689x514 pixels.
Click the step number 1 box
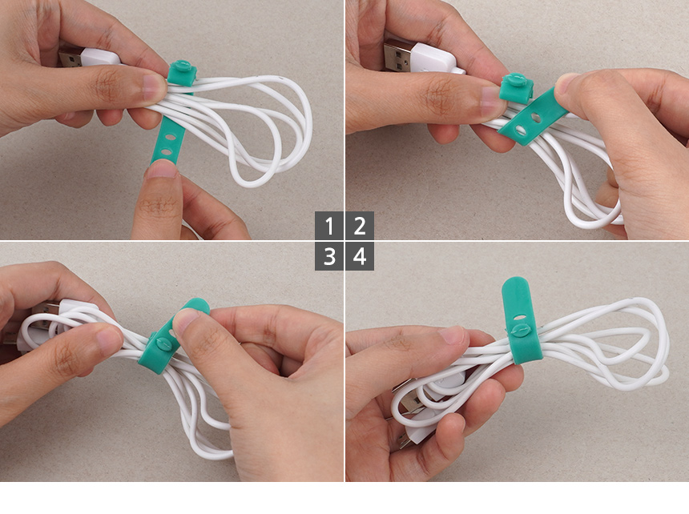coord(329,226)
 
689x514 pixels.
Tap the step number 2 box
coord(360,226)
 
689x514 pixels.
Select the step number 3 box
coord(329,256)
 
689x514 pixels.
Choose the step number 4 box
coord(360,256)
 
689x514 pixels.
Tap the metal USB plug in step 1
coord(71,57)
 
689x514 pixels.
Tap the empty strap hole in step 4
coord(519,316)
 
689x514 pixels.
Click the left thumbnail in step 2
coord(490,101)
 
